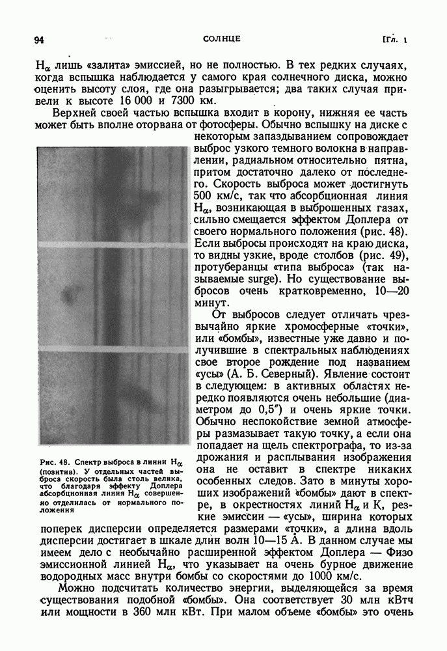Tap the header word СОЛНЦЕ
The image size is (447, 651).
[x=222, y=39]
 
